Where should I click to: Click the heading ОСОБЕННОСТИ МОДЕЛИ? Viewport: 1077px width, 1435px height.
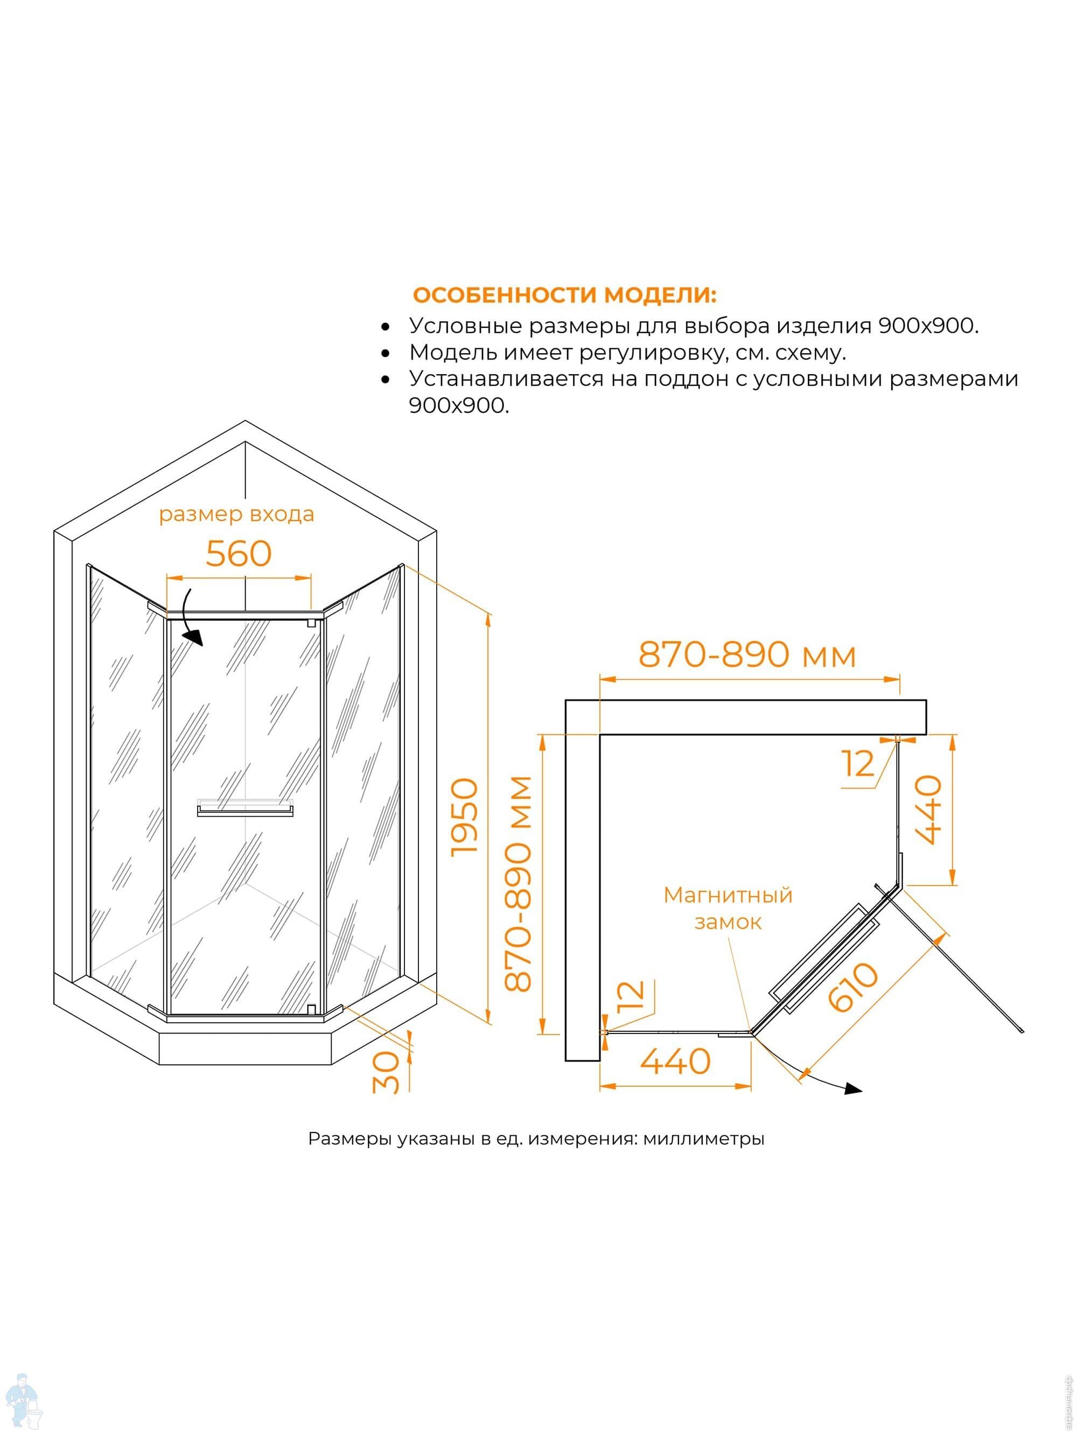(564, 295)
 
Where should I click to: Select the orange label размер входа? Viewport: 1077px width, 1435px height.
(236, 515)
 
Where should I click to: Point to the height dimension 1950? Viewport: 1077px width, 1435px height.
(465, 818)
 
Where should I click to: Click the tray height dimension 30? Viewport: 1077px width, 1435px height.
(386, 1072)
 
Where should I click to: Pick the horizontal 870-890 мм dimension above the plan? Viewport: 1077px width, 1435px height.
(746, 655)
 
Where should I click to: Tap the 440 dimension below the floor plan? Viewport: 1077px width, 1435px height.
(675, 1061)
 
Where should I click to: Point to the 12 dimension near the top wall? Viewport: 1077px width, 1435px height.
(858, 764)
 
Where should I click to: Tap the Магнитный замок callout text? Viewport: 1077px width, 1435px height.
(728, 908)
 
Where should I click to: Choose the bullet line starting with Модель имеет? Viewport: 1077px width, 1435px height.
(627, 353)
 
